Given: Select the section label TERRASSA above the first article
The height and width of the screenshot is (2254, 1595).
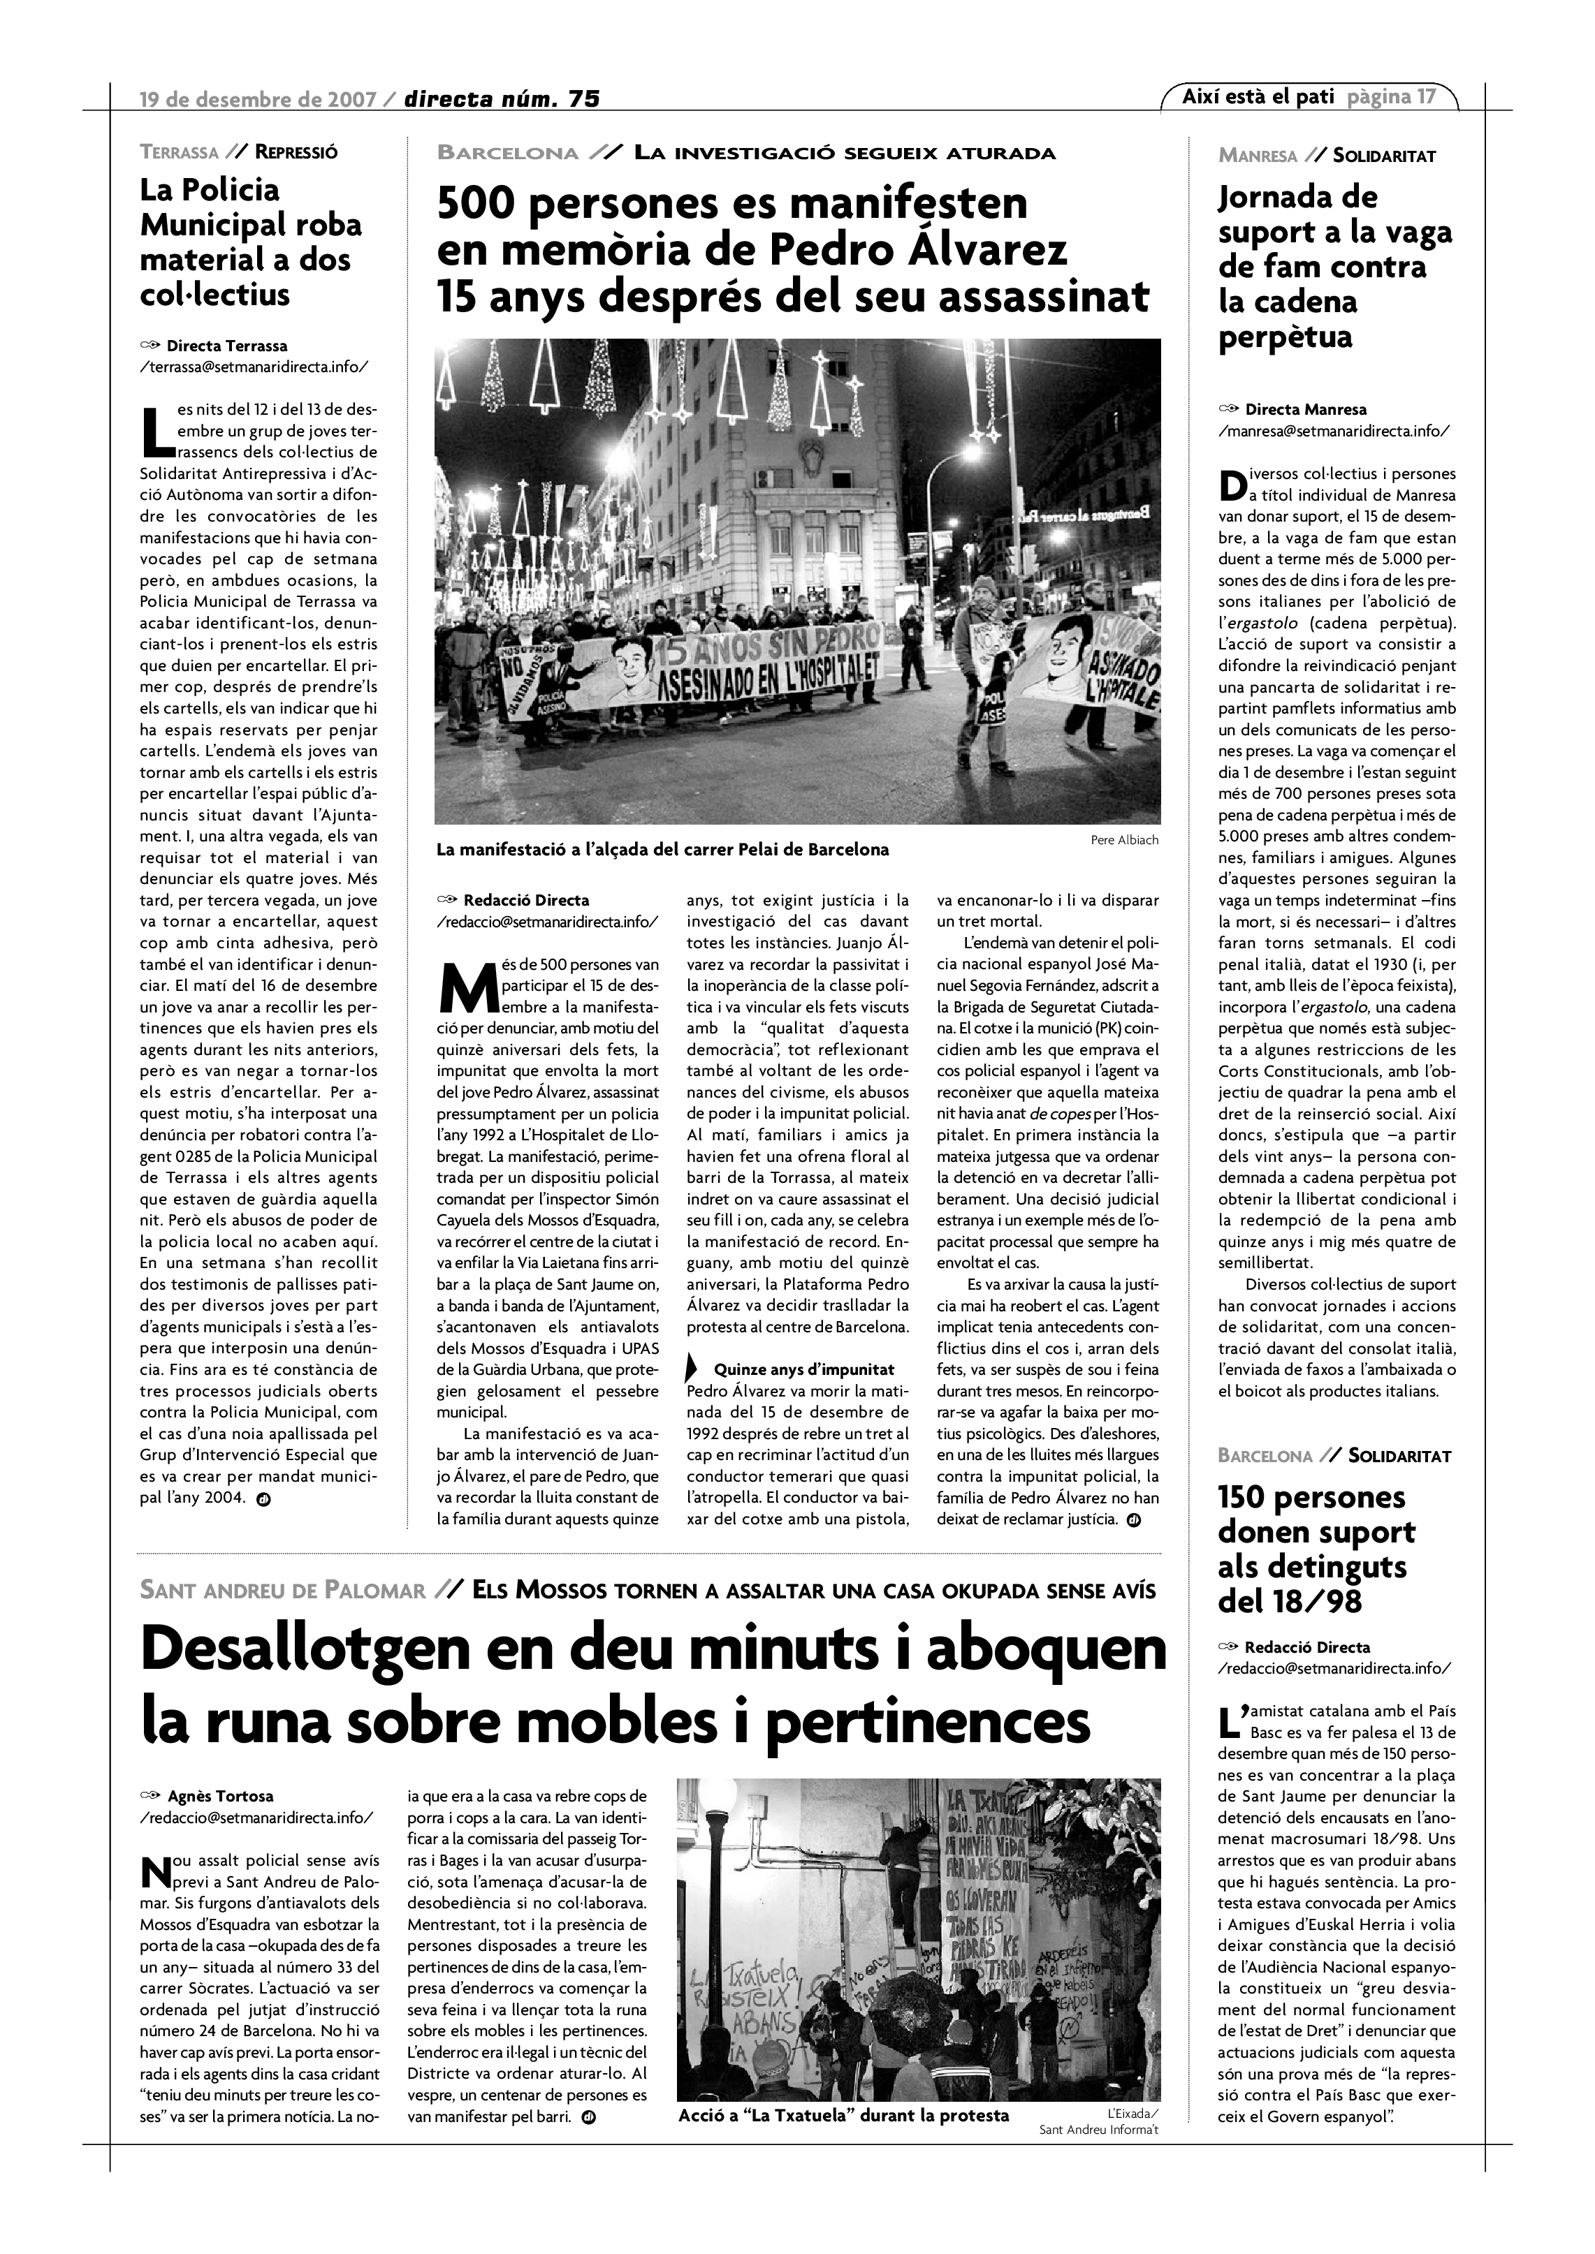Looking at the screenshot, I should coord(179,152).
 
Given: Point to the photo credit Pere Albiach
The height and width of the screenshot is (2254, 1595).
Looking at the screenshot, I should coord(1123,839).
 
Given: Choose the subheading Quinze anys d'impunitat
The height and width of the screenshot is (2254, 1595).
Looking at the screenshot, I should coord(803,1369).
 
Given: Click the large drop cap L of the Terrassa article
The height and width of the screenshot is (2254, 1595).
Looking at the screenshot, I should coord(156,432).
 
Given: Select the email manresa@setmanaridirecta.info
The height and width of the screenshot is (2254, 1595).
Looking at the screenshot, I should coord(1333,430).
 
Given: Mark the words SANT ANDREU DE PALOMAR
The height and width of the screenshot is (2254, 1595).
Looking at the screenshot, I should coord(283,1591).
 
